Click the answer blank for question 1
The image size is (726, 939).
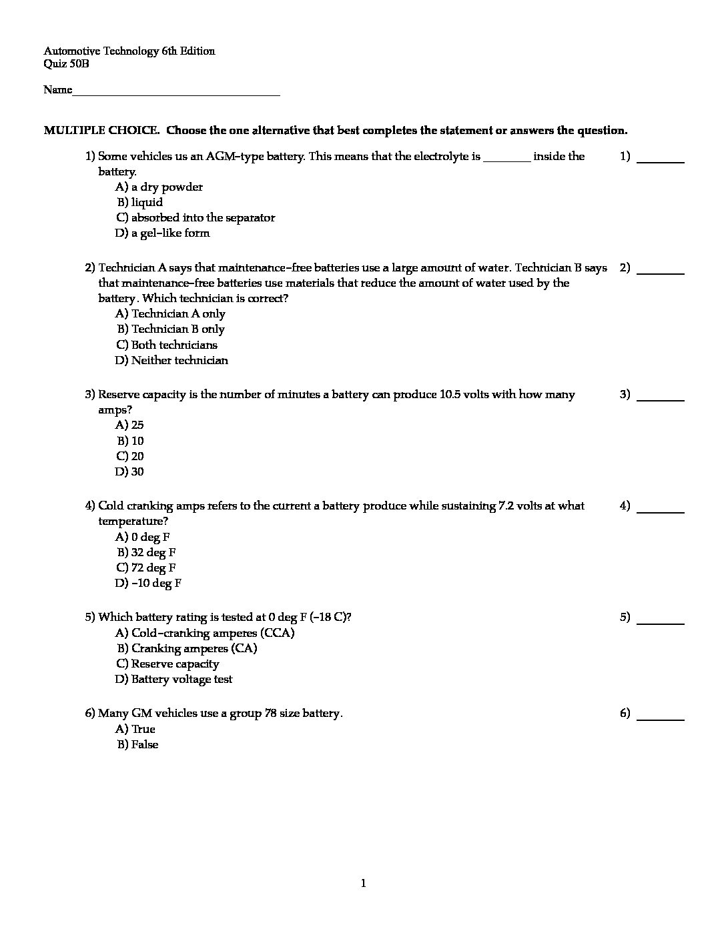click(661, 161)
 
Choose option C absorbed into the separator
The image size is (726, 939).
click(195, 217)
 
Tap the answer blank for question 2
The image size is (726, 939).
click(661, 273)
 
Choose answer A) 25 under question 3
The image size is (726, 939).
click(129, 425)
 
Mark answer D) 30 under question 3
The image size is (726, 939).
click(129, 472)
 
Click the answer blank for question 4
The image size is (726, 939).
click(661, 511)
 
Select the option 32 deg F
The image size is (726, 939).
click(147, 552)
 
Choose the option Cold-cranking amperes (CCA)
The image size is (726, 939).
click(205, 633)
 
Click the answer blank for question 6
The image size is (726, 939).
click(661, 719)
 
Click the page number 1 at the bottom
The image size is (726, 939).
click(363, 884)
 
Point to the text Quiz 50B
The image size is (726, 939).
click(66, 64)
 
